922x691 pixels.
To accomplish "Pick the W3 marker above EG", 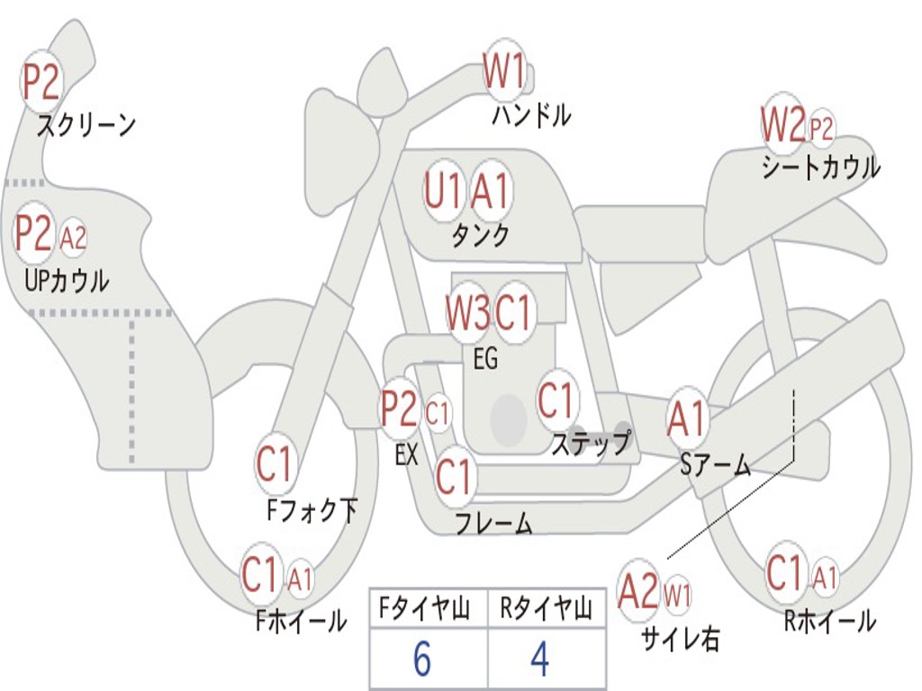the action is [467, 312].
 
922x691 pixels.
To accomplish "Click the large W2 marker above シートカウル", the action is [782, 124].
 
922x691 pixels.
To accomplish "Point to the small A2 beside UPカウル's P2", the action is [73, 238].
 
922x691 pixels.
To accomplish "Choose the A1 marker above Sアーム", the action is [685, 418].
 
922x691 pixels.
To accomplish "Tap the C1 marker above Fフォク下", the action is [274, 463].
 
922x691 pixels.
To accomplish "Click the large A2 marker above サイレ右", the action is [638, 590].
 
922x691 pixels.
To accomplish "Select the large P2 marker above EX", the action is [400, 408].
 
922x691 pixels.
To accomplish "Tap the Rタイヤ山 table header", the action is [547, 608].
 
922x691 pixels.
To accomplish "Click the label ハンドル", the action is [531, 114].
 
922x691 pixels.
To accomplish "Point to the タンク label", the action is [481, 235].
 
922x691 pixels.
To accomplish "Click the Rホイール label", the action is [830, 621].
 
